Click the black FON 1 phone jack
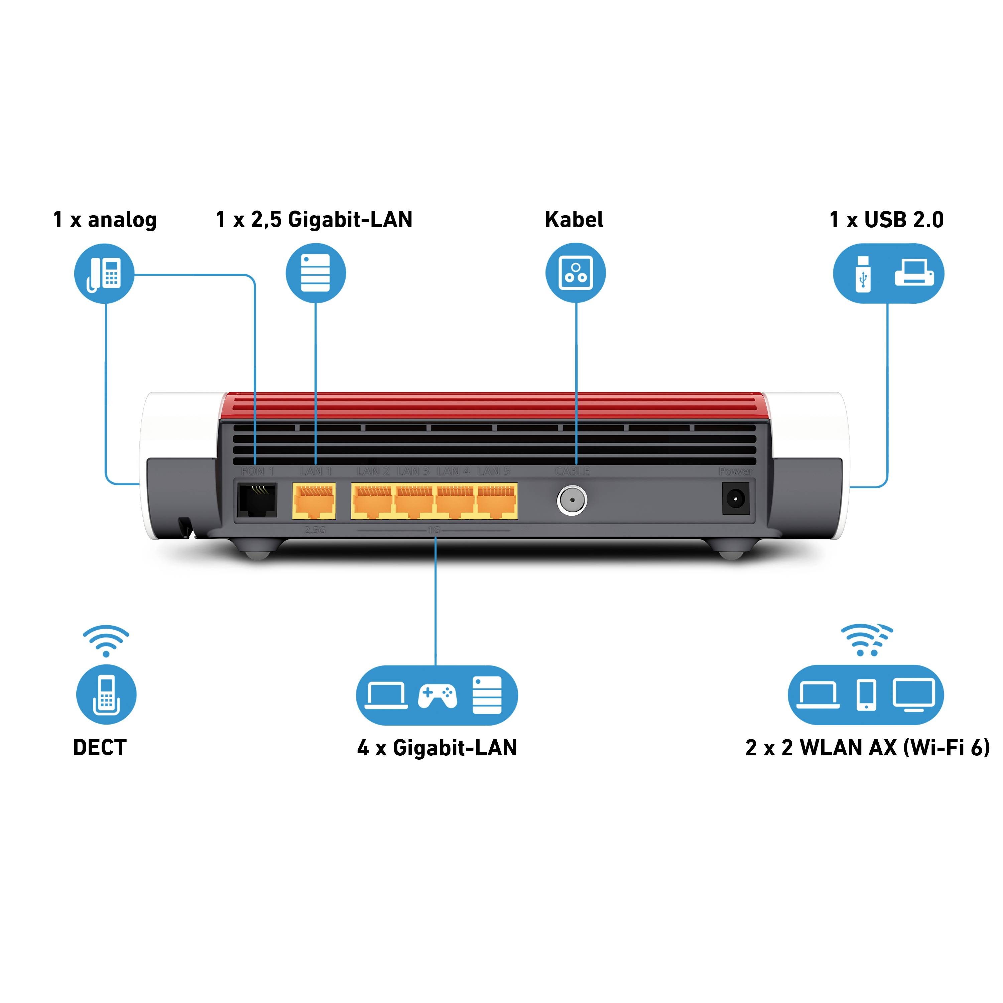257,500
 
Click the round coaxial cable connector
572,500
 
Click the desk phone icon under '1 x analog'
104,274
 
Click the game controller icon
437,696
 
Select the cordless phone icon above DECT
106,695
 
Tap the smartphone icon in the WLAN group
866,695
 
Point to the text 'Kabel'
574,220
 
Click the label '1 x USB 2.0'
886,220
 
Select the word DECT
100,748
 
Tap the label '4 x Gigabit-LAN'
437,748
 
